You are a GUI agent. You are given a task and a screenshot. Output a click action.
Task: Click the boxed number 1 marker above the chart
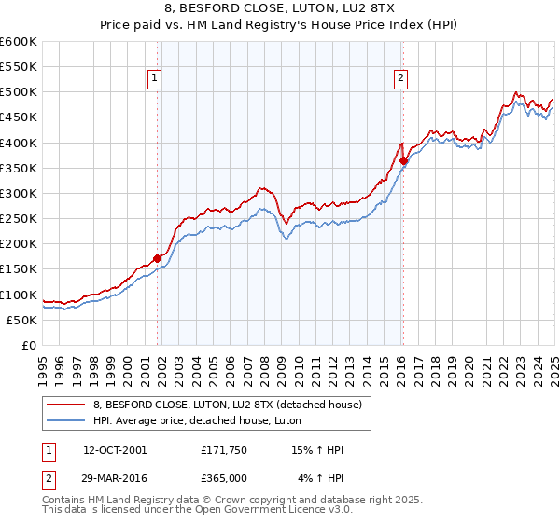pos(154,78)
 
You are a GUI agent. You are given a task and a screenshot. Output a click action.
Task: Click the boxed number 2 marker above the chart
pos(400,78)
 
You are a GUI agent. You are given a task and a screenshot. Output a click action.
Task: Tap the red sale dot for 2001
pos(157,258)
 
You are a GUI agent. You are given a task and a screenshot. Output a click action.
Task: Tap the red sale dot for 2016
pos(403,160)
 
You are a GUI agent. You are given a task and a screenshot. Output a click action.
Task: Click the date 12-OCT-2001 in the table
pos(115,450)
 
